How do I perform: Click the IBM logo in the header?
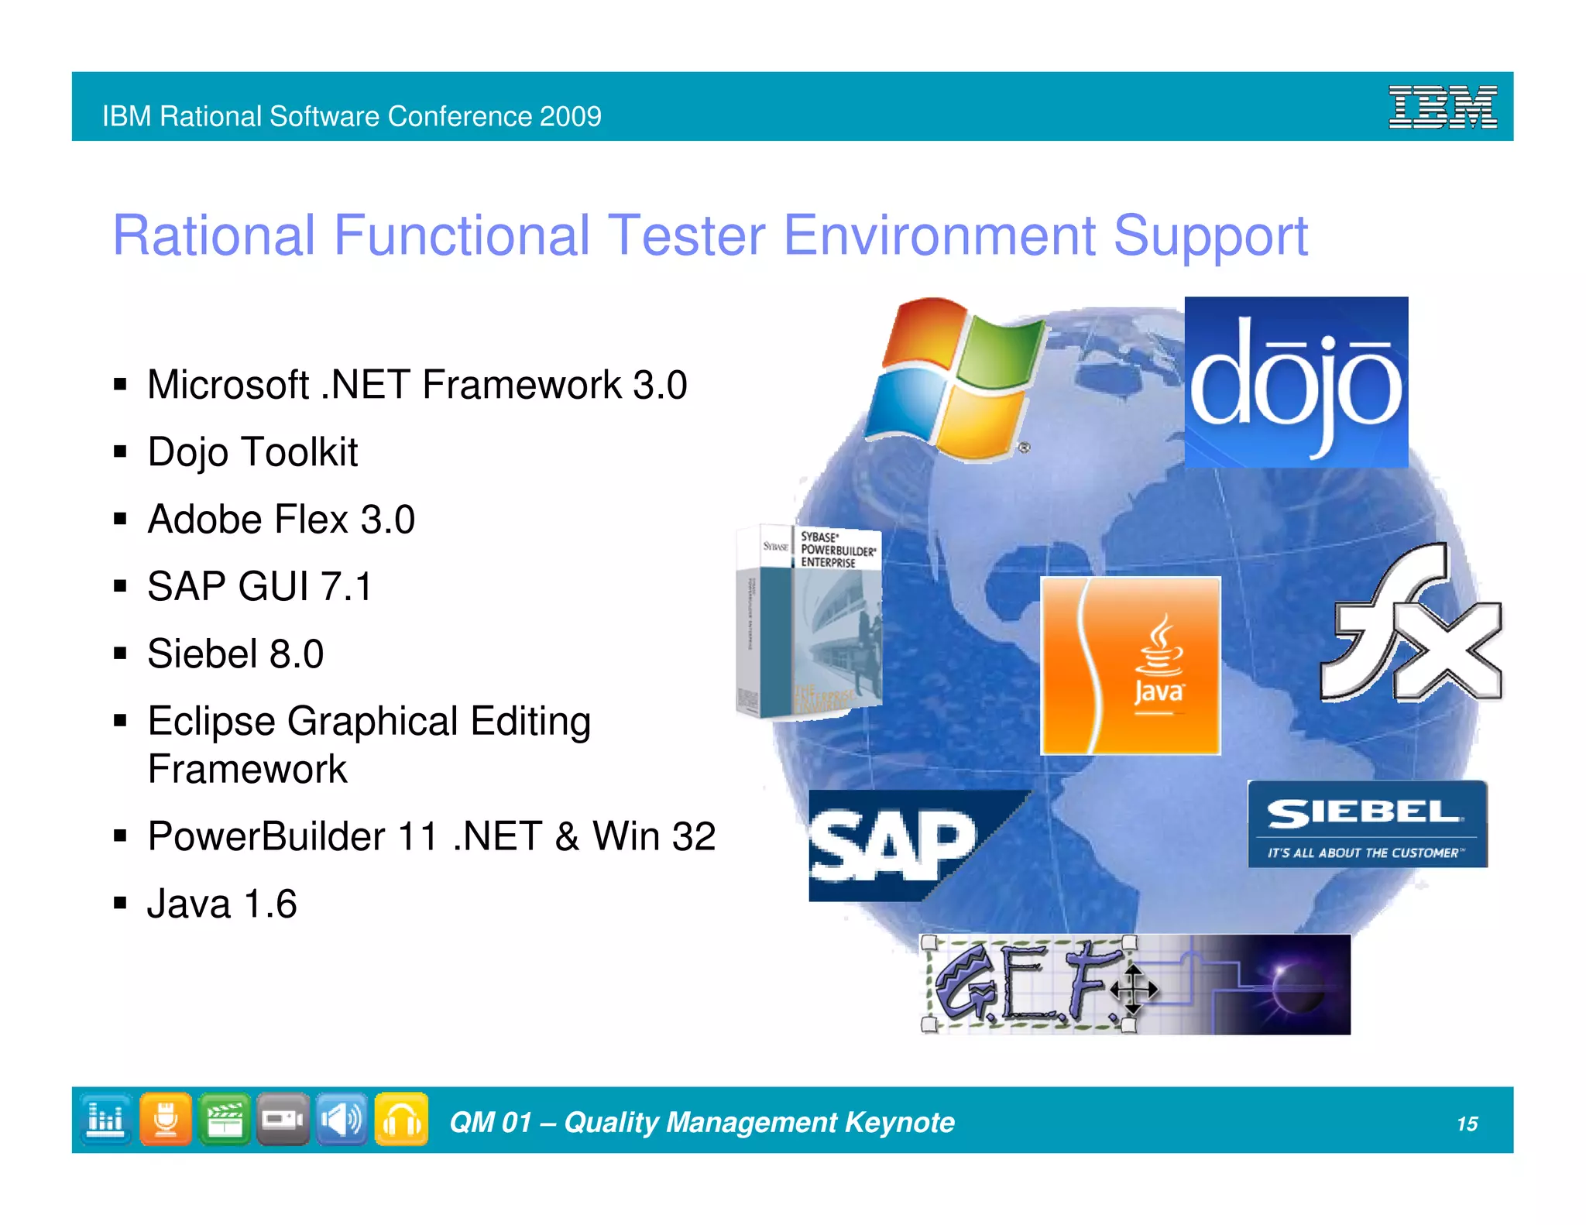pyautogui.click(x=1442, y=108)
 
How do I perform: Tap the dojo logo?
pyautogui.click(x=1296, y=382)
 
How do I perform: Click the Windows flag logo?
pyautogui.click(x=955, y=379)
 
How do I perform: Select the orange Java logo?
pyautogui.click(x=1130, y=665)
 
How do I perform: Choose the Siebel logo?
pyautogui.click(x=1367, y=824)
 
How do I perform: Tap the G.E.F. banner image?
pyautogui.click(x=1135, y=984)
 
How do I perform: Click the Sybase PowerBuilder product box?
pyautogui.click(x=808, y=622)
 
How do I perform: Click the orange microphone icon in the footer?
pyautogui.click(x=165, y=1119)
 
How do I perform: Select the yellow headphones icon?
pyautogui.click(x=401, y=1119)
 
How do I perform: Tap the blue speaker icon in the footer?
pyautogui.click(x=342, y=1119)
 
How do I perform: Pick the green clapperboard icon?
pyautogui.click(x=224, y=1119)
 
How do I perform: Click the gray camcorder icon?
pyautogui.click(x=283, y=1119)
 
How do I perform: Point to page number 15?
pyautogui.click(x=1467, y=1124)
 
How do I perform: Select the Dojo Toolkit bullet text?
pyautogui.click(x=252, y=452)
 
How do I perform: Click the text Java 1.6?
pyautogui.click(x=221, y=904)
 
